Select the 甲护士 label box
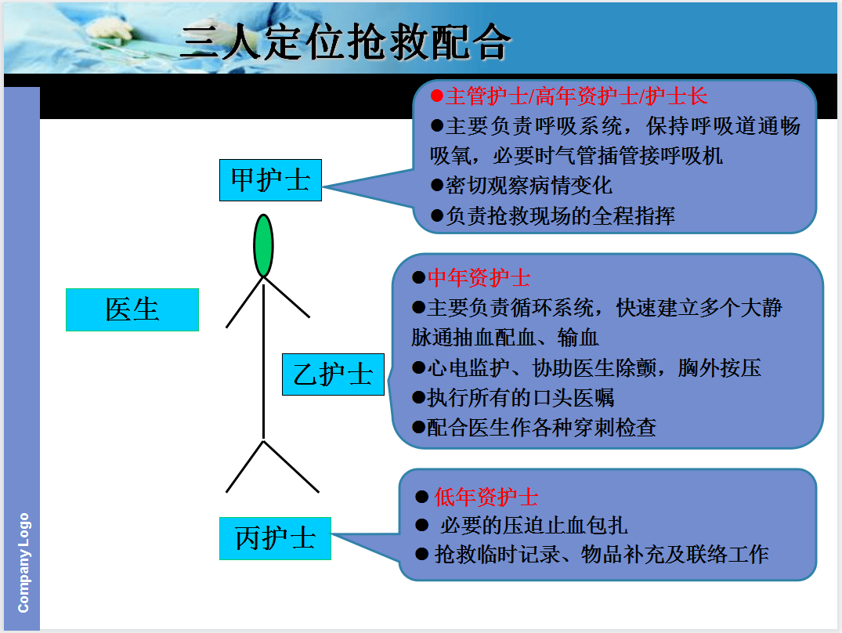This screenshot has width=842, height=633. [x=270, y=181]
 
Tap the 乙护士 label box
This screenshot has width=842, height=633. [x=333, y=374]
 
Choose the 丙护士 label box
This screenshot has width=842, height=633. [x=275, y=538]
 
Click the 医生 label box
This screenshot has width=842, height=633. [x=132, y=309]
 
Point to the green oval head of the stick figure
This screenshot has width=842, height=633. [x=264, y=245]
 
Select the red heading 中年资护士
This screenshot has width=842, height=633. [x=479, y=278]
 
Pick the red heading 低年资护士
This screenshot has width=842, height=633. [x=486, y=497]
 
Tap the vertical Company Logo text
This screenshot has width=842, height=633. [x=23, y=562]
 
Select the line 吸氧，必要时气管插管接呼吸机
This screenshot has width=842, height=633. [x=576, y=155]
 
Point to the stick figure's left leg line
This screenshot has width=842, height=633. [x=244, y=467]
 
